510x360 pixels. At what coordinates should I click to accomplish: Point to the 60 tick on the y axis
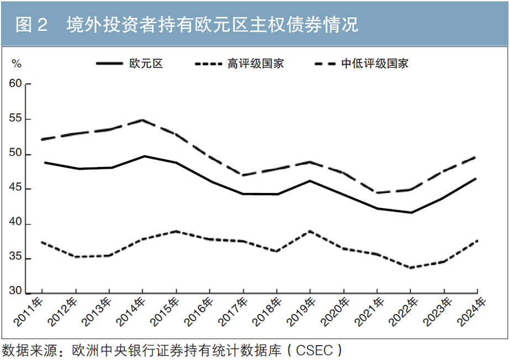17,84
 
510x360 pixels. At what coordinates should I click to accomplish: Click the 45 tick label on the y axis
17,189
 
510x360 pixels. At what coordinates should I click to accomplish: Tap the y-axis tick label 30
17,292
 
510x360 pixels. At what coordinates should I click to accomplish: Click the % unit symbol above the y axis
17,64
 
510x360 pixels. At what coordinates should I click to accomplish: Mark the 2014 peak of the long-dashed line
143,120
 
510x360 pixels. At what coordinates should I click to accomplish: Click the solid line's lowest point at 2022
411,212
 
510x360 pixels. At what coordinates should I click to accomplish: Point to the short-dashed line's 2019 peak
310,231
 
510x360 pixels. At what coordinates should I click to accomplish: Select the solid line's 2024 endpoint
477,178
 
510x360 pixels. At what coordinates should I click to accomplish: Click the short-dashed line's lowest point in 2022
411,268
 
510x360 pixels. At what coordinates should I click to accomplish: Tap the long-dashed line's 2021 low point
377,192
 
